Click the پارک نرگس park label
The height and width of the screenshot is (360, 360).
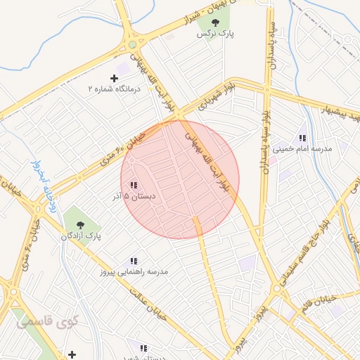point(215,33)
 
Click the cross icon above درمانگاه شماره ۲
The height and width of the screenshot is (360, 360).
point(115,78)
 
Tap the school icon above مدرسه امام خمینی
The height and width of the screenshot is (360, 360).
point(302,139)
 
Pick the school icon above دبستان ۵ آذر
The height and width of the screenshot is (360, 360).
point(134,186)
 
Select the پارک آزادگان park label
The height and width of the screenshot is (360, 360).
point(81,236)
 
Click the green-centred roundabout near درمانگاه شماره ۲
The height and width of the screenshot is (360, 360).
point(132,45)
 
